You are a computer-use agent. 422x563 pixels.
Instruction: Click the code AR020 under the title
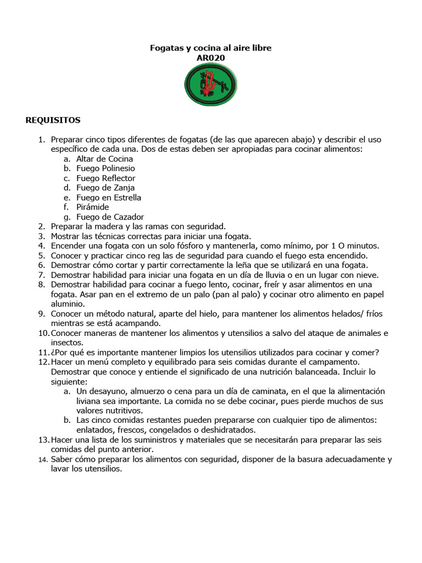[210, 58]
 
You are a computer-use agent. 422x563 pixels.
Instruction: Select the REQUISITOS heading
[53, 120]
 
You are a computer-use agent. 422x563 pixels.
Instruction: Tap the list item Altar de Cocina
[104, 159]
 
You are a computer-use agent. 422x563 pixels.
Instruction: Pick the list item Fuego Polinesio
[105, 168]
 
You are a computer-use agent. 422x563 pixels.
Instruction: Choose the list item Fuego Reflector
[105, 178]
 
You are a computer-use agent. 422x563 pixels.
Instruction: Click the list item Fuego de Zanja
[105, 187]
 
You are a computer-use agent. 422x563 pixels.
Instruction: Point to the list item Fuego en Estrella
[109, 197]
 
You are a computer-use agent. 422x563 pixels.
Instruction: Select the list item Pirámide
[93, 207]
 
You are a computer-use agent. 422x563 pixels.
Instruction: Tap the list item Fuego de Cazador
[110, 217]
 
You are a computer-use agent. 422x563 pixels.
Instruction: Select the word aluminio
[68, 303]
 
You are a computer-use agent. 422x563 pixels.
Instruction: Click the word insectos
[66, 343]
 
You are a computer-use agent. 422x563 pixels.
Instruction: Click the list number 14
[43, 460]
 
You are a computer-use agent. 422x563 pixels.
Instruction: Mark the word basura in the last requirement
[296, 459]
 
